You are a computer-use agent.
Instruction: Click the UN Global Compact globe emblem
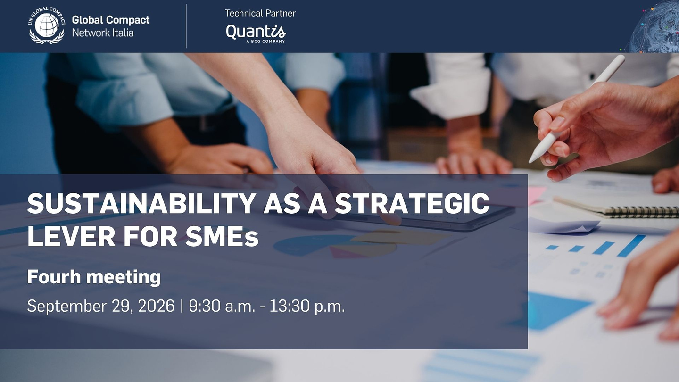(x=47, y=25)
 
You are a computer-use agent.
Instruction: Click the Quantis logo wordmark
(x=256, y=32)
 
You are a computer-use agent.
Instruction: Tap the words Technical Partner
(x=260, y=13)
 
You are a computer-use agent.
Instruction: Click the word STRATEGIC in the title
(x=412, y=203)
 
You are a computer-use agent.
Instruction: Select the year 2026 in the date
(x=156, y=306)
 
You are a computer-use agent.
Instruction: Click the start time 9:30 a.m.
(x=222, y=306)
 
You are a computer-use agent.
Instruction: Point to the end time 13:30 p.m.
(x=307, y=306)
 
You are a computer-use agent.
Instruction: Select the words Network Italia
(x=103, y=33)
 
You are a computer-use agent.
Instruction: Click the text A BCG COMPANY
(x=265, y=41)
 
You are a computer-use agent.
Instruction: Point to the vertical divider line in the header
(x=186, y=26)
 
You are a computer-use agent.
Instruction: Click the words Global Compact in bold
(x=111, y=20)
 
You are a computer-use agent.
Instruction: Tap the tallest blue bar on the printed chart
(x=631, y=246)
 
